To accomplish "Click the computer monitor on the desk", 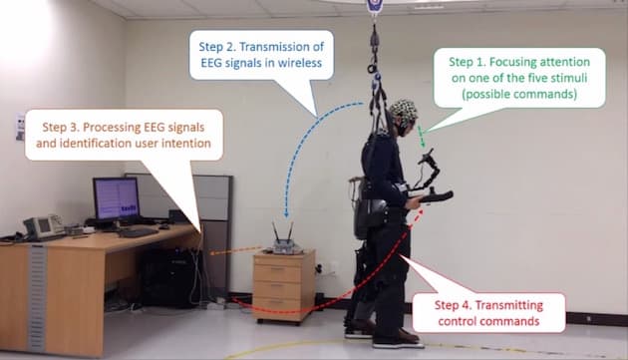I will click(x=116, y=198).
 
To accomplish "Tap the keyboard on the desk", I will click(x=136, y=232).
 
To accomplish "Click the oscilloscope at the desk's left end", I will click(x=43, y=227).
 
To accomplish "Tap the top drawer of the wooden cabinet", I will click(x=283, y=269).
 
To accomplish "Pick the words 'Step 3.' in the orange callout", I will click(x=66, y=128).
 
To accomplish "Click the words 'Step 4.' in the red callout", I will click(x=462, y=302).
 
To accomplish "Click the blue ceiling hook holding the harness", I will click(x=375, y=7).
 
